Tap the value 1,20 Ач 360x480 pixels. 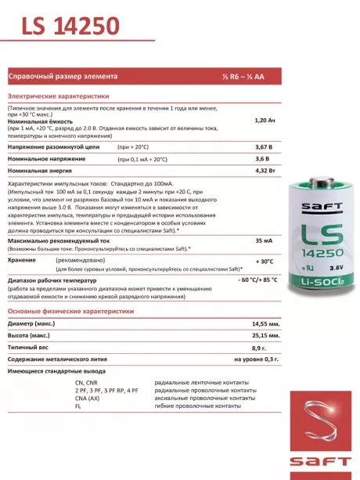[266, 121]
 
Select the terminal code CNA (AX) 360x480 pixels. [90, 398]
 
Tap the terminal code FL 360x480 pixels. [78, 406]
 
